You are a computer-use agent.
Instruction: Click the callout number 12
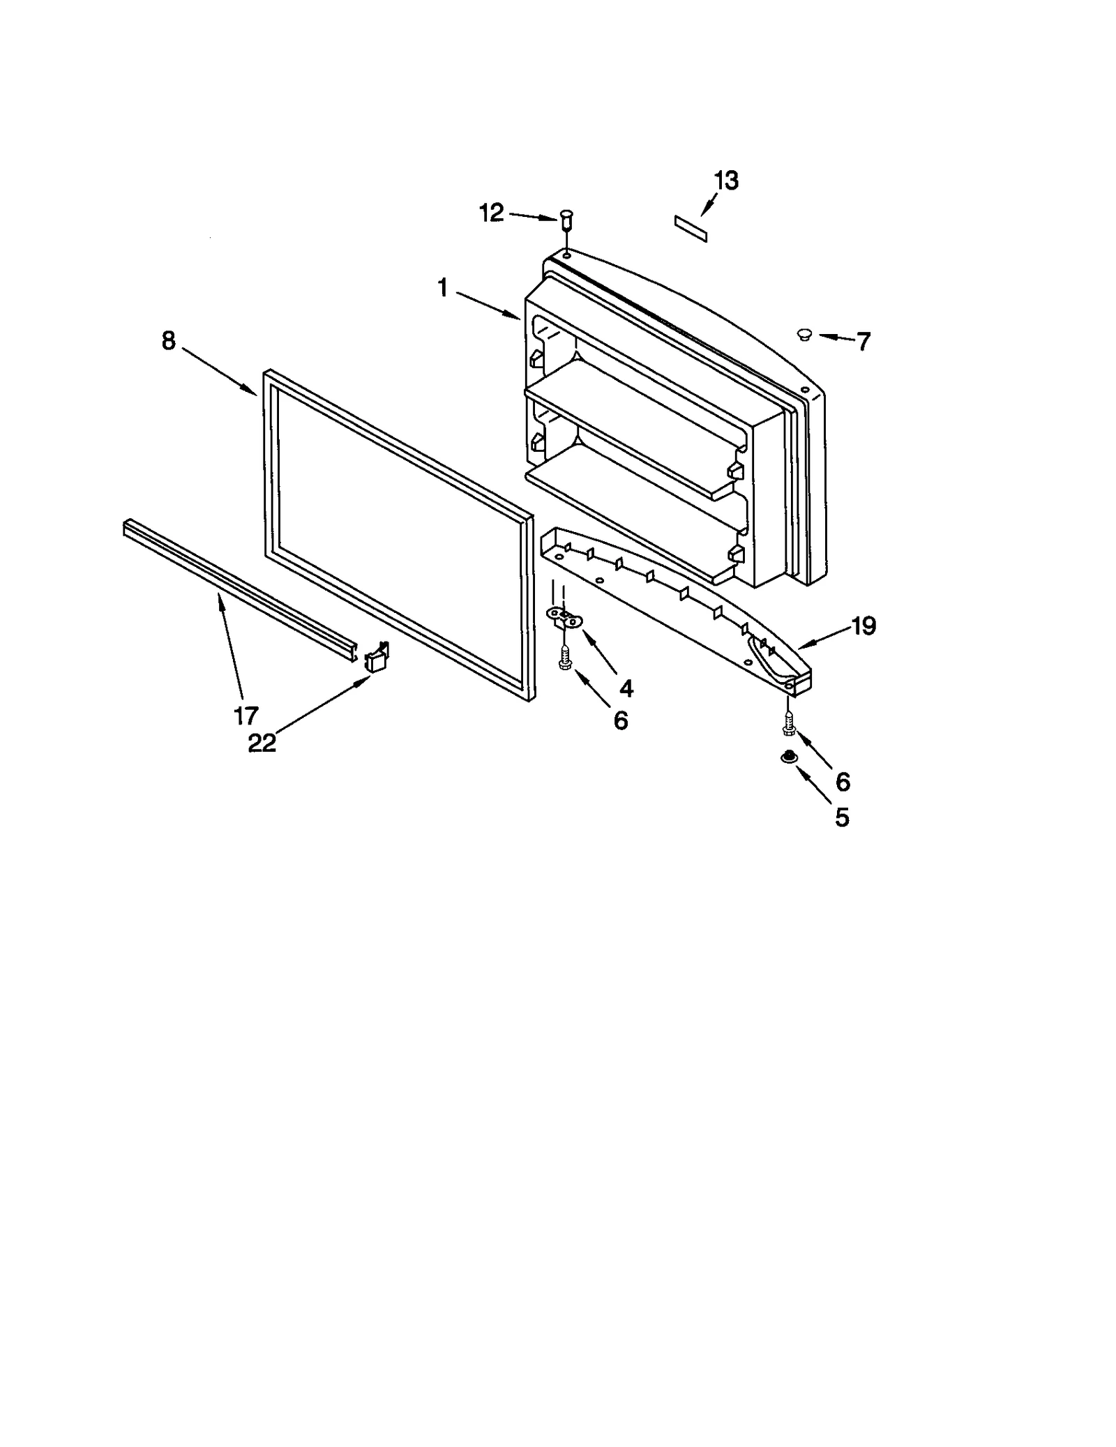[491, 213]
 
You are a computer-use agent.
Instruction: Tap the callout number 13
[726, 181]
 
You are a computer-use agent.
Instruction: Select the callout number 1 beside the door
[442, 288]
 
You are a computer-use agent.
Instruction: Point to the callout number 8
[169, 341]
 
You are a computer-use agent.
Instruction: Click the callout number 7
[864, 342]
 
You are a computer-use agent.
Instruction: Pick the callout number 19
[863, 626]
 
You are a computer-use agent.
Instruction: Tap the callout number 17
[246, 715]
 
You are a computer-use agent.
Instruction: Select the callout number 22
[262, 743]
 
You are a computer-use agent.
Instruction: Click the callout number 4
[626, 689]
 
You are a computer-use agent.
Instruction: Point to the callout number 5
[842, 817]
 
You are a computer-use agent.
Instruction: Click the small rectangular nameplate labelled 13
[691, 229]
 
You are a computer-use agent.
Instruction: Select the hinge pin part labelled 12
[566, 220]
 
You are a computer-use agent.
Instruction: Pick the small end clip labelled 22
[377, 658]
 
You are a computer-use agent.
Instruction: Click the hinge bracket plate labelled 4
[564, 616]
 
